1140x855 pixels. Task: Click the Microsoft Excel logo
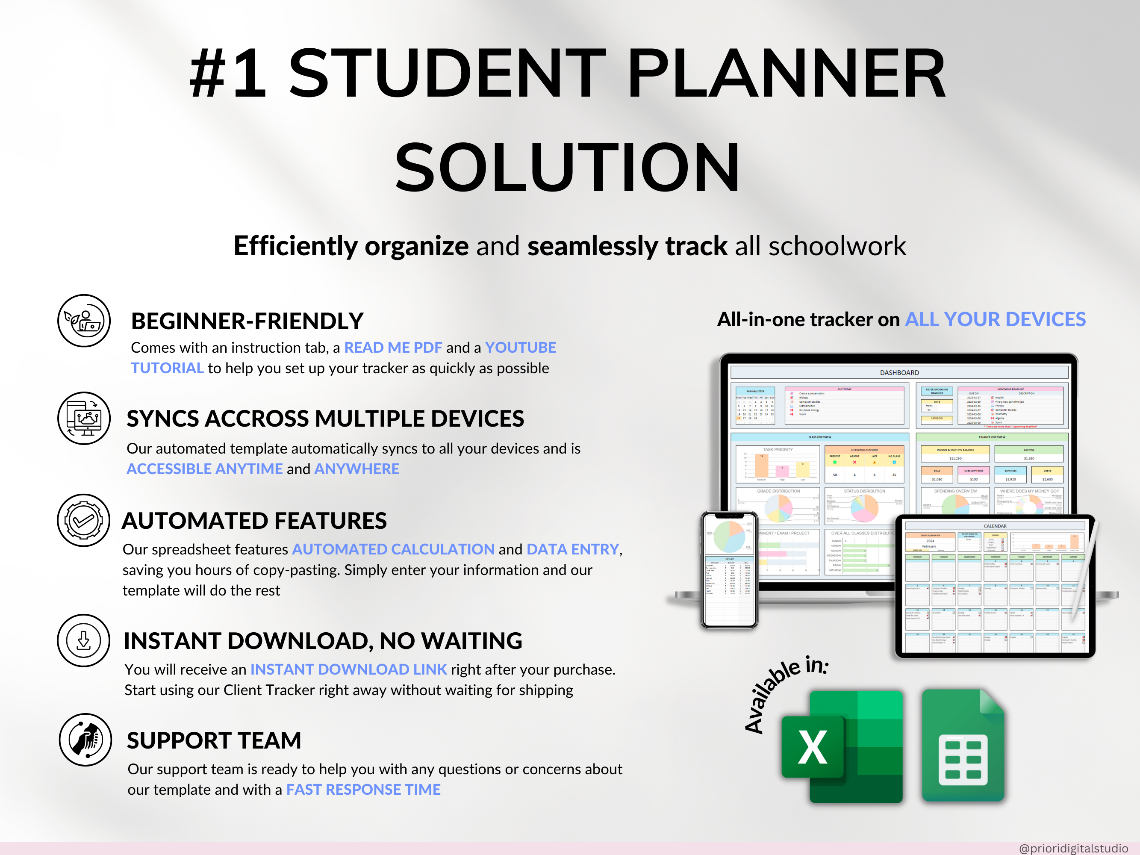coord(842,746)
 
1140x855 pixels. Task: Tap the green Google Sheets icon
coord(963,745)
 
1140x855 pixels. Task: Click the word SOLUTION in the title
coord(567,167)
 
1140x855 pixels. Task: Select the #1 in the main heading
coord(228,73)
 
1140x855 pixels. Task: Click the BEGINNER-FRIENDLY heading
coord(247,321)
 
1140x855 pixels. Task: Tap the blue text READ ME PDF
coord(393,348)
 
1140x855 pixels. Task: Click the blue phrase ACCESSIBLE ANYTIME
coord(205,469)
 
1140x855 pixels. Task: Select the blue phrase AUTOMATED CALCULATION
coord(393,549)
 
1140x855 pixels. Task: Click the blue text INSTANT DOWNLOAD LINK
coord(348,669)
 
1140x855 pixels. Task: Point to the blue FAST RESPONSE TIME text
coord(363,790)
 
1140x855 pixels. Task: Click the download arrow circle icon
coord(83,640)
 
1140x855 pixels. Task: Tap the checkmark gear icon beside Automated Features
coord(83,521)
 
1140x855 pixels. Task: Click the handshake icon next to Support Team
coord(85,740)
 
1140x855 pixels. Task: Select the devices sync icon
coord(83,418)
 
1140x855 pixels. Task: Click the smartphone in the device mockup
coord(729,569)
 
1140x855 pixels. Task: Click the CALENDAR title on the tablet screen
coord(995,526)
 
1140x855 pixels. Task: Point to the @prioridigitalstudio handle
coord(1073,848)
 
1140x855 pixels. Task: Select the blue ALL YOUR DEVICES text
coord(995,319)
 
